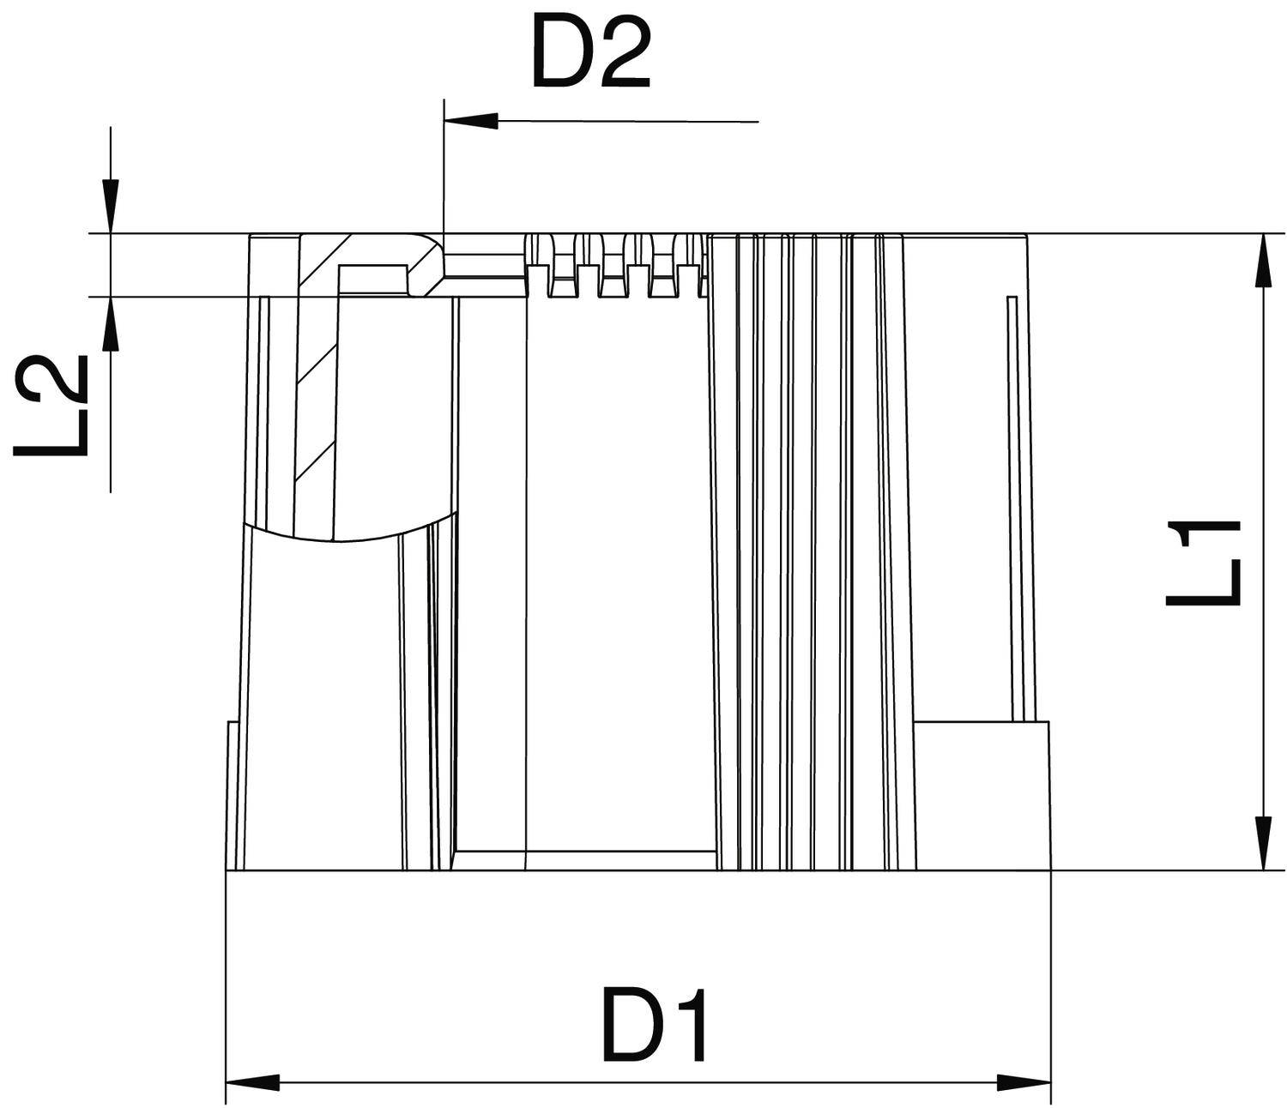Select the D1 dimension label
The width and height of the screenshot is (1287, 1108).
coord(656,1026)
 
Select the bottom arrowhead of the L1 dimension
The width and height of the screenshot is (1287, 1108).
coord(1263,843)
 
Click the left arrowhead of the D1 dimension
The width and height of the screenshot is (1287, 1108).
coord(253,1082)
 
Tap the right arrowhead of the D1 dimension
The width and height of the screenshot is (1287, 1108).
coord(1023,1082)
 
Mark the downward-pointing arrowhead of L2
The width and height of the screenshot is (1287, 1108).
coord(111,205)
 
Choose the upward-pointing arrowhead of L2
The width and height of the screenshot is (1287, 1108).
coord(111,325)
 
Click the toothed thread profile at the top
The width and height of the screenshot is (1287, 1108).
coord(613,266)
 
